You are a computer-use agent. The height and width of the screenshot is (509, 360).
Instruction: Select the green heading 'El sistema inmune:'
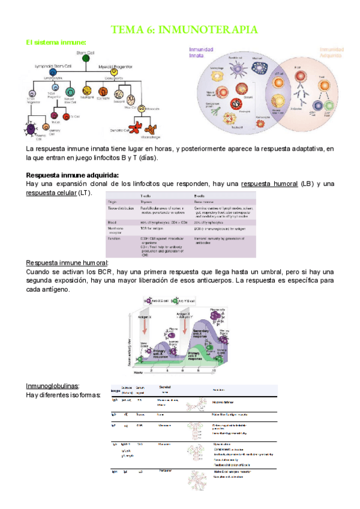click(x=56, y=42)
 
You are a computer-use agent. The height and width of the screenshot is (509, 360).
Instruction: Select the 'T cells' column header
click(x=146, y=196)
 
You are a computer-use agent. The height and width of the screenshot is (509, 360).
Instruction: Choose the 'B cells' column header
click(x=200, y=196)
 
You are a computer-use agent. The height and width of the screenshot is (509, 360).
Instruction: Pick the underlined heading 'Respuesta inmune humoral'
click(x=67, y=263)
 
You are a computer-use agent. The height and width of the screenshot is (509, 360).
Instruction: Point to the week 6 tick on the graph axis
click(x=197, y=372)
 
